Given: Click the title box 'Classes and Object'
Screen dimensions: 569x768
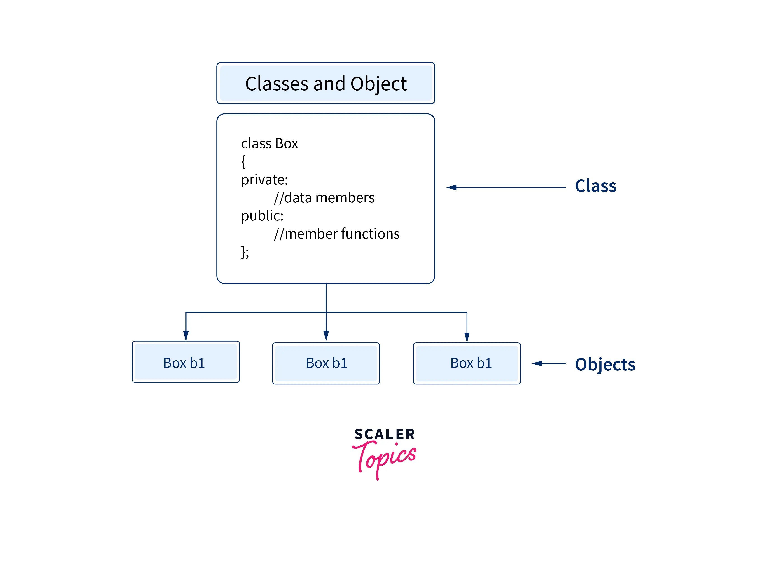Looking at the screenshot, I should pos(326,83).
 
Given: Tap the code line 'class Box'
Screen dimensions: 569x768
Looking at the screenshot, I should pos(269,143).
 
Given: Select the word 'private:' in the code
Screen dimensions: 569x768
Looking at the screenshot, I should pos(264,179).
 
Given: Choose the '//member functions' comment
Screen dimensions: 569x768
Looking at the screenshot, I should pos(337,234).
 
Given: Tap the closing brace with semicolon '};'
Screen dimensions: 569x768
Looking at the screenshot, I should pos(245,252).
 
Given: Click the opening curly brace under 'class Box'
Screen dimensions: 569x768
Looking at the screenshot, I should pos(243,162).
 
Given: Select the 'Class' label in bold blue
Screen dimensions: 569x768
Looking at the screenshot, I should pos(595,186).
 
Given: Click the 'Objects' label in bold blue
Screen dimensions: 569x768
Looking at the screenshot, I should pos(605,364).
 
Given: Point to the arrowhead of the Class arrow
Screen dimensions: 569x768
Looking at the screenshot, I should pos(452,187).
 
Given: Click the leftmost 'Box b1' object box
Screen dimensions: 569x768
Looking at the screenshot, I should pos(186,362).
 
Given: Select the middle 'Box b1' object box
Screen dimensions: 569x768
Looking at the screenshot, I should pos(326,363).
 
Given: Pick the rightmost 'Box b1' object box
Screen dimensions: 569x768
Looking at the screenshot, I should pos(467,363).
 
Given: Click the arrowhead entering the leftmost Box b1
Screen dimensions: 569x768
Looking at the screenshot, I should pos(186,335).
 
